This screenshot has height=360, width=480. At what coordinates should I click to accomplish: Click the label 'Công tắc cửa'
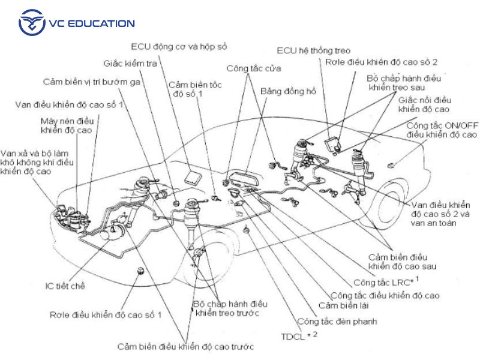[250, 69]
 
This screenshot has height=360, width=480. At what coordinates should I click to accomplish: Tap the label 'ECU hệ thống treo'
[314, 51]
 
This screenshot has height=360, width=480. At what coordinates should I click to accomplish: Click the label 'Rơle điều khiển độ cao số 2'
[382, 62]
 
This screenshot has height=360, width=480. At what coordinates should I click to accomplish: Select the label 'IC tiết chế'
[65, 286]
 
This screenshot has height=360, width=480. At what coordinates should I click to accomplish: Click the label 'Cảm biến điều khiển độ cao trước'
[185, 346]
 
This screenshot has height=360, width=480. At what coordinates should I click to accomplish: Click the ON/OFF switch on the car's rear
[392, 165]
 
